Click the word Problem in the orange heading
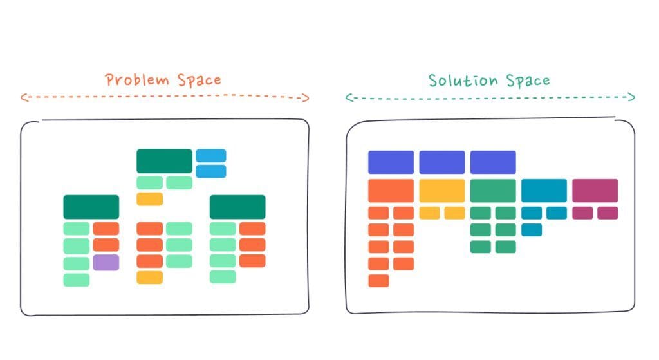pos(137,80)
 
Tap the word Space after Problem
pos(200,81)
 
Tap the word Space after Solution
pos(528,81)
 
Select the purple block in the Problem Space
pos(106,262)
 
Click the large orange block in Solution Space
pos(391,191)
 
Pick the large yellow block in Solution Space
pos(442,191)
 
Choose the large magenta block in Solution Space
pos(595,191)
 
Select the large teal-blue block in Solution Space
pos(544,191)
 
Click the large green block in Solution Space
pos(493,191)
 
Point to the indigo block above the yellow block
pos(442,162)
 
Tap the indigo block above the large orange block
pos(391,162)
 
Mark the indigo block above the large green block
pos(493,162)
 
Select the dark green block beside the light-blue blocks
pos(164,161)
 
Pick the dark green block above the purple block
pos(91,207)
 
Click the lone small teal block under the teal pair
pos(532,230)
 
